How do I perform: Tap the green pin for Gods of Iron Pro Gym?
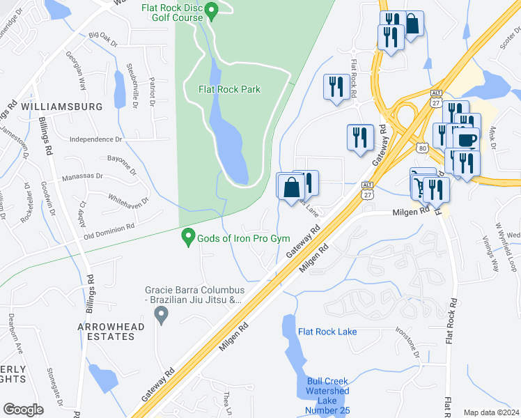click(187, 238)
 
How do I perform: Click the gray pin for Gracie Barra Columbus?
click(162, 317)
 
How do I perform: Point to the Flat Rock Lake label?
click(327, 332)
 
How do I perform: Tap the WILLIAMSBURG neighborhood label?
click(62, 107)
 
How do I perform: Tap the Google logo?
click(23, 410)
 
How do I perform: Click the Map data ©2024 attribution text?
click(490, 412)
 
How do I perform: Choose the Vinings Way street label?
click(488, 256)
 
